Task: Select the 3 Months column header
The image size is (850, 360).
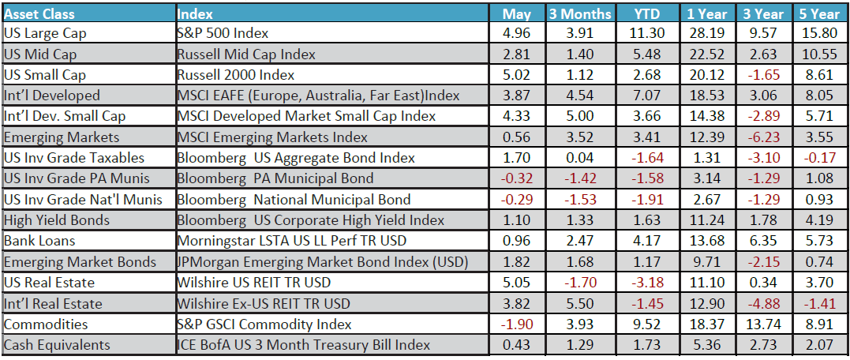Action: [x=579, y=13]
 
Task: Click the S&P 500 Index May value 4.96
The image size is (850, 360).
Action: [x=517, y=33]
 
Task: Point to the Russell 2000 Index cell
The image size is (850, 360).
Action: [x=236, y=75]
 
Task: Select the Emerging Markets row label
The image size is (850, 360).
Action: [x=50, y=137]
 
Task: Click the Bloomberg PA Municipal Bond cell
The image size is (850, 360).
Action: [x=275, y=178]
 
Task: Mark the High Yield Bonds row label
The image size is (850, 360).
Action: [x=56, y=220]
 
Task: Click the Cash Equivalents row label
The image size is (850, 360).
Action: [x=57, y=345]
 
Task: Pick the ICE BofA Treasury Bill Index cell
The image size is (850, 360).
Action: [x=304, y=345]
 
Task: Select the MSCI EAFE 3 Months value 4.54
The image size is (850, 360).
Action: [x=579, y=96]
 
